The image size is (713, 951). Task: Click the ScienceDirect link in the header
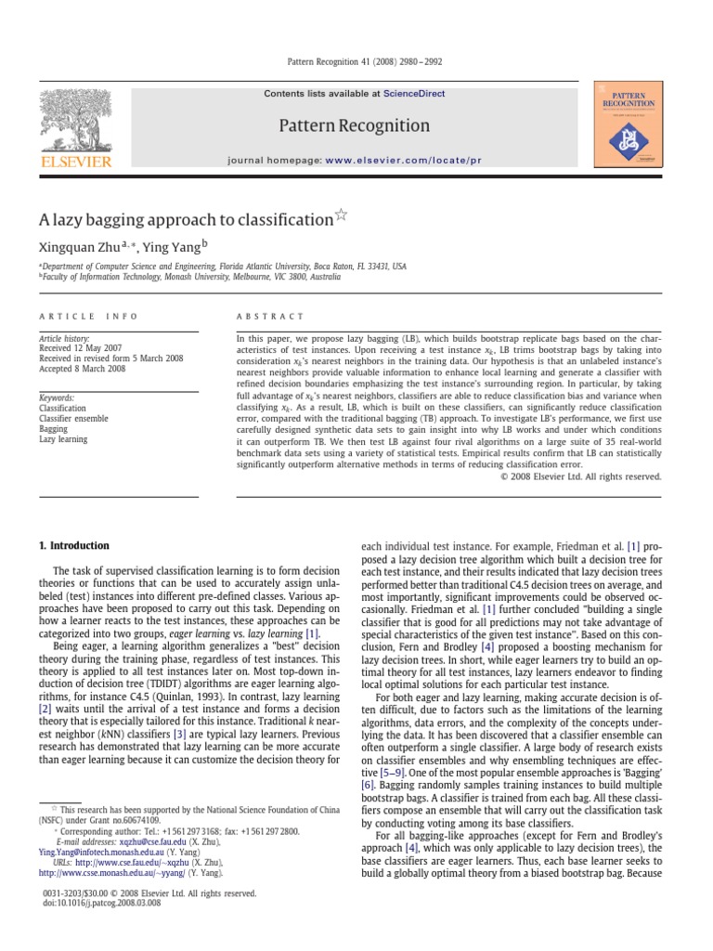[x=415, y=94]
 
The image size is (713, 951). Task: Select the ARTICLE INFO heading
[x=75, y=317]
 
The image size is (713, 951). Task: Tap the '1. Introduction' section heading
[x=73, y=546]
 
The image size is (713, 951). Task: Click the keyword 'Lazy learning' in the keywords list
[x=63, y=439]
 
